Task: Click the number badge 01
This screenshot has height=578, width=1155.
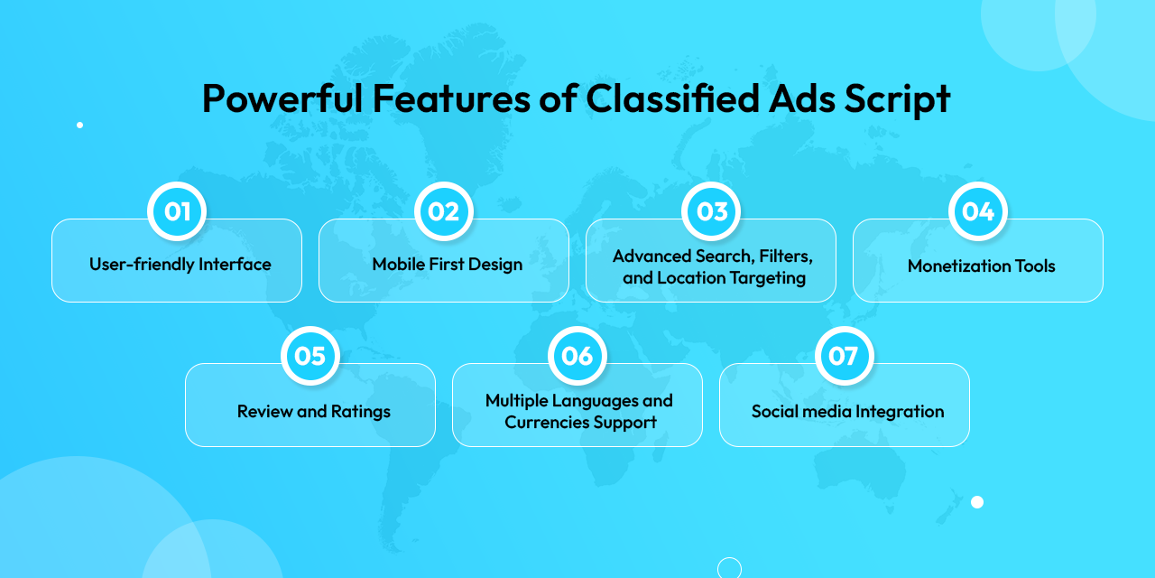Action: [x=177, y=211]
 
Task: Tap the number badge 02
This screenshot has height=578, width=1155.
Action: [x=444, y=211]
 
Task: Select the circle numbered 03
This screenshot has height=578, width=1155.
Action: [x=711, y=211]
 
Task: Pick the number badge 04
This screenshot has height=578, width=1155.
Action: [x=978, y=211]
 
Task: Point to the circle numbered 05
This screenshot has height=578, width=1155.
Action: [x=310, y=356]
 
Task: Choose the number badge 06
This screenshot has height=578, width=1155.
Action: [x=577, y=356]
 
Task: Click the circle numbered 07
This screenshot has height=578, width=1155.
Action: [x=845, y=356]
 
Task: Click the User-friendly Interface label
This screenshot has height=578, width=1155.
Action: [x=180, y=265]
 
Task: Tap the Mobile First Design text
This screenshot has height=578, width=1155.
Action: [x=448, y=265]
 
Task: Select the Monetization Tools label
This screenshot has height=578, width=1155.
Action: [x=982, y=266]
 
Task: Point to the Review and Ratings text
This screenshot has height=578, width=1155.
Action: [x=314, y=411]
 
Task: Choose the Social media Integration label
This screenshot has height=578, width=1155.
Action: [x=848, y=411]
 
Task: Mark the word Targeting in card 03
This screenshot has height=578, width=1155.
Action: [x=765, y=277]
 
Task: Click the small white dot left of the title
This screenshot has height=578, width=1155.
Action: [x=79, y=125]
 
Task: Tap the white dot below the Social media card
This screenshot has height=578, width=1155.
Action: [x=977, y=502]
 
